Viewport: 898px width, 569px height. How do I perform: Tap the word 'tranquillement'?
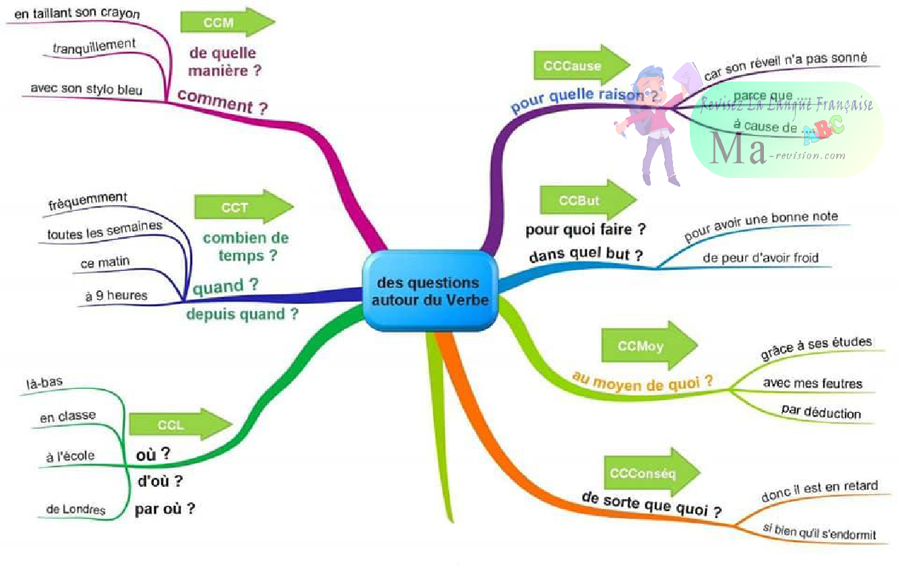pos(94,47)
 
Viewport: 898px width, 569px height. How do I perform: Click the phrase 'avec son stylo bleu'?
pos(87,89)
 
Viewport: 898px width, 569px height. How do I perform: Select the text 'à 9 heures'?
pos(116,295)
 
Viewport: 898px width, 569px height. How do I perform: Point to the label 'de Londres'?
pos(76,509)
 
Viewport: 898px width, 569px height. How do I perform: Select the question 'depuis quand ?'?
pos(242,313)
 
